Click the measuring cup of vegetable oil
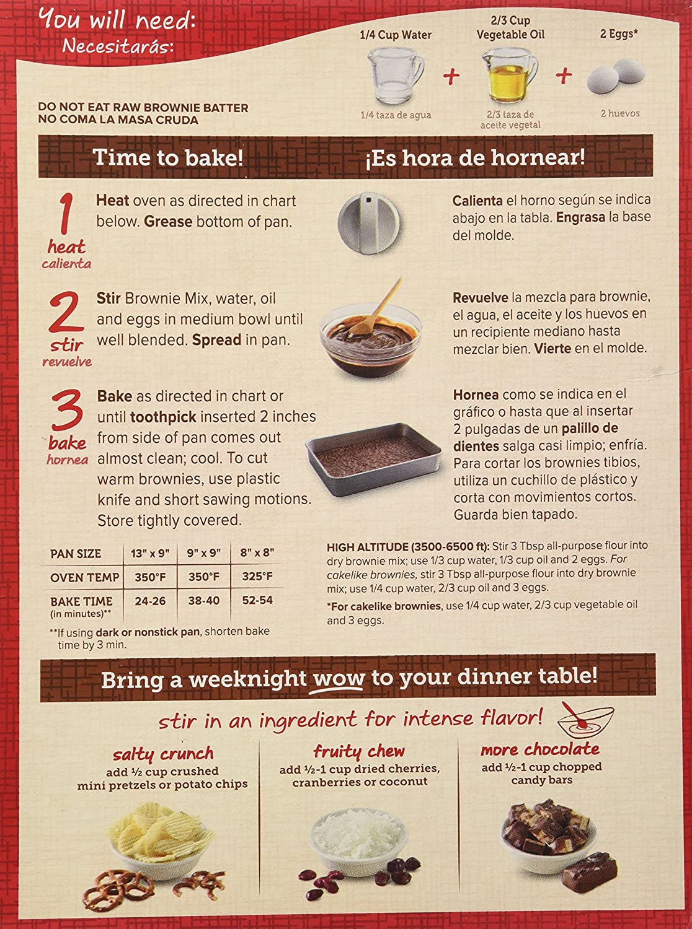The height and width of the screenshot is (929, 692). coord(510,76)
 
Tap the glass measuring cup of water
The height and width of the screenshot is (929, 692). coord(396,76)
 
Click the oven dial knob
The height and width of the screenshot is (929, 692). coord(369,222)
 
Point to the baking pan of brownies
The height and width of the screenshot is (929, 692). coord(373,459)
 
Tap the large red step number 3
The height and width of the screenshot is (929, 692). coord(67,410)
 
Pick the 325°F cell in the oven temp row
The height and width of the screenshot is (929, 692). coord(257,577)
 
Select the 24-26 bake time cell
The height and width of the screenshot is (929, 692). coord(149,601)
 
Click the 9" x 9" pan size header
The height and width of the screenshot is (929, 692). coord(203,553)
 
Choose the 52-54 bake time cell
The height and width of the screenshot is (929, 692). coord(257,600)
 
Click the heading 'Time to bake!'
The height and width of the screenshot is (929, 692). coord(168,157)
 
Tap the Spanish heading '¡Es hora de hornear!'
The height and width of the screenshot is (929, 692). coord(475,158)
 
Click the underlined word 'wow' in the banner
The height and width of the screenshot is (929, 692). coord(339,679)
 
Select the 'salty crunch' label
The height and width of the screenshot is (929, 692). coord(162,754)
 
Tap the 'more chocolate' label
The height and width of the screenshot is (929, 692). coord(540,749)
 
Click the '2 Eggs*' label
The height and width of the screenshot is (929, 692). coord(619,34)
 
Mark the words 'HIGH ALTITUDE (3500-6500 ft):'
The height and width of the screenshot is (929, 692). coord(408,547)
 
